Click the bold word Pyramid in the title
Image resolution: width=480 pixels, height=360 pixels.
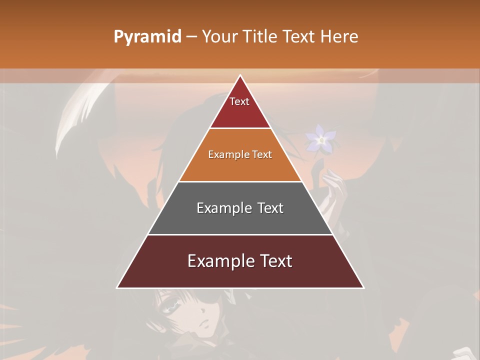click(147, 37)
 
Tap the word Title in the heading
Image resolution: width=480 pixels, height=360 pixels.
click(261, 37)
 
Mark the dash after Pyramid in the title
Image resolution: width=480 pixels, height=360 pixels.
click(191, 37)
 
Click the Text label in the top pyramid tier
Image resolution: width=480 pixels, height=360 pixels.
click(239, 101)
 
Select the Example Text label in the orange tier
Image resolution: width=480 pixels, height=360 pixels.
click(240, 154)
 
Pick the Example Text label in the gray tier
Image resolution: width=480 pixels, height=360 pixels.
click(240, 208)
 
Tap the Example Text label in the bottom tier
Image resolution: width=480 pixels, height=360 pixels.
click(240, 261)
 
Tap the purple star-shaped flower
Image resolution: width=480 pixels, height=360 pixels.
click(321, 139)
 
